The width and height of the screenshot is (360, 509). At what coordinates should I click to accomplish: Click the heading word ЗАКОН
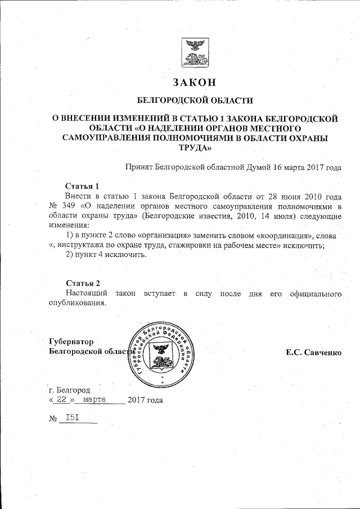(195, 83)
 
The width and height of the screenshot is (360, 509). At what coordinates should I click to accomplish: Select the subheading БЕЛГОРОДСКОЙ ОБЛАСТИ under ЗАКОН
(195, 101)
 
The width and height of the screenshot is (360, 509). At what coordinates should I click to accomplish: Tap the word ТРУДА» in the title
(195, 148)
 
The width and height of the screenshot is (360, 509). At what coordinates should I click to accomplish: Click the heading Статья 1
(83, 186)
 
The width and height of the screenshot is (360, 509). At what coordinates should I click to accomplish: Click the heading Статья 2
(83, 282)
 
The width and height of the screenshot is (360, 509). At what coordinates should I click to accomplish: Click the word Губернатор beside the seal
(71, 341)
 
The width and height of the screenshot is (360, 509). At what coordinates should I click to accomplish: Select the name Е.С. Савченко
(313, 352)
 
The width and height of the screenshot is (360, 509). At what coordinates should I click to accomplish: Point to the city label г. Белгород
(69, 390)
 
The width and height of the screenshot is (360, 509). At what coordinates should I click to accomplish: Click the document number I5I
(72, 418)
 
